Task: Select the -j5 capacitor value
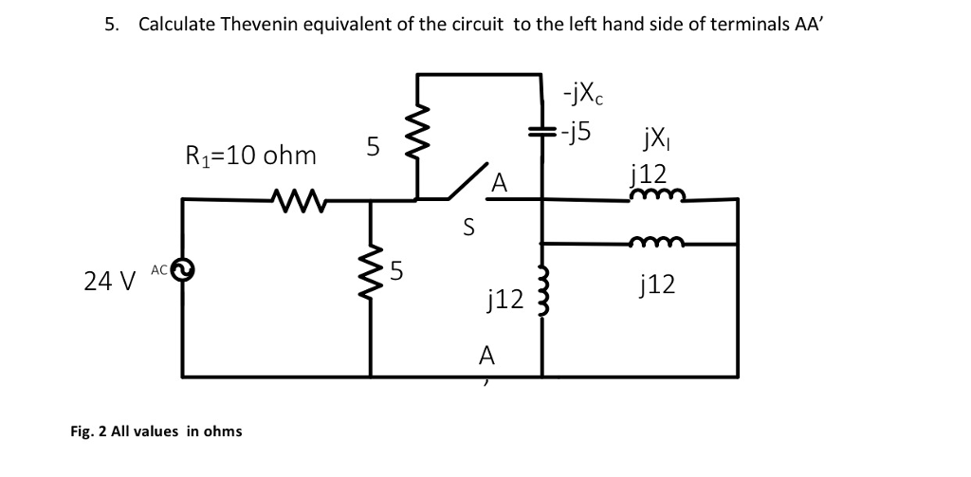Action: click(577, 133)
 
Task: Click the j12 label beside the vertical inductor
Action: click(503, 300)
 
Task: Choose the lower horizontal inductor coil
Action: click(655, 243)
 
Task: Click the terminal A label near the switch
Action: click(499, 182)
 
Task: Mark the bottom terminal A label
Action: click(487, 356)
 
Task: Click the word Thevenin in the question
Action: click(260, 25)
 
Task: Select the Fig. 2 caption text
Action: click(156, 431)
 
